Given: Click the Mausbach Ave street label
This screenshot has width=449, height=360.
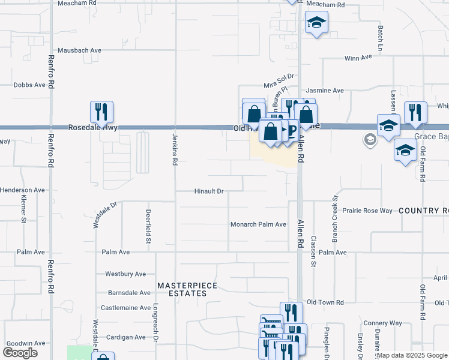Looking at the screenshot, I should click(x=79, y=50).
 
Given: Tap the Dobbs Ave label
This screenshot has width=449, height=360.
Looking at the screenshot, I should click(x=29, y=85).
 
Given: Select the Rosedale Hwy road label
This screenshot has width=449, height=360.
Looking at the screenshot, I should click(x=93, y=128).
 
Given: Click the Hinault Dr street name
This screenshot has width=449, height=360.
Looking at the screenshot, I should click(x=209, y=192).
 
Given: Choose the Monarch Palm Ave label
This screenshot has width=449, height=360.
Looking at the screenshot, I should click(x=258, y=224).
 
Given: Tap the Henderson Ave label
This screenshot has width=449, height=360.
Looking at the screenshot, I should click(x=23, y=190).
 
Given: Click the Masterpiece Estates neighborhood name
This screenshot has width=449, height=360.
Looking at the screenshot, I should click(x=182, y=289).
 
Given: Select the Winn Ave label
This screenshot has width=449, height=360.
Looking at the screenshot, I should click(x=358, y=58).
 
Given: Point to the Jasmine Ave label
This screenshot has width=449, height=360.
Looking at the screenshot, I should click(x=325, y=91).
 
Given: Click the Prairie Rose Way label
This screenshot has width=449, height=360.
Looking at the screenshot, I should click(x=367, y=211).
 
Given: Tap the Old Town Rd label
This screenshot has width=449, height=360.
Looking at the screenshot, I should click(x=325, y=302).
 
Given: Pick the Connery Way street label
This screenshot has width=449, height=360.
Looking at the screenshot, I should click(x=382, y=323).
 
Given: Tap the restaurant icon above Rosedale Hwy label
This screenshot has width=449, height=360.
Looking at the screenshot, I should click(x=102, y=111).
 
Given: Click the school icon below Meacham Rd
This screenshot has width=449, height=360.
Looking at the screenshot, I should click(x=316, y=23).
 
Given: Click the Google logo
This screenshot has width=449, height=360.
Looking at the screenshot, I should click(x=20, y=353).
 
